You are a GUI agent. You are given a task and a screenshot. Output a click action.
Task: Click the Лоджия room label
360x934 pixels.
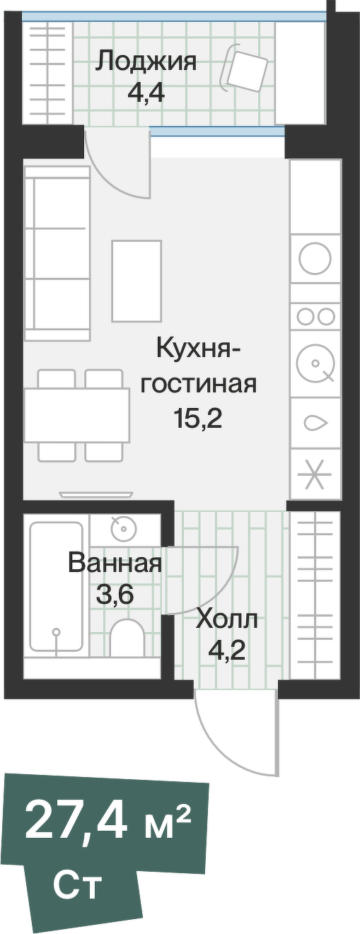(146, 62)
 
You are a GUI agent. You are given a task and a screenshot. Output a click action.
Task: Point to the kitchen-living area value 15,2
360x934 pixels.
(198, 419)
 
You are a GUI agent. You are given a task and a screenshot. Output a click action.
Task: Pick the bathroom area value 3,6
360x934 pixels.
(115, 595)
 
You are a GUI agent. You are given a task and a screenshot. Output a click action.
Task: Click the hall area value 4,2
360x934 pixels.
(227, 649)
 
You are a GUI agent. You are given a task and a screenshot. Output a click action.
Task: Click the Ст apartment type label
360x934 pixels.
(78, 884)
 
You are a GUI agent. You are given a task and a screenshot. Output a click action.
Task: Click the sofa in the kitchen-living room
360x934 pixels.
(57, 252)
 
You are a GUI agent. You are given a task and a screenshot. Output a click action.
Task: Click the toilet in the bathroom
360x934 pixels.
(127, 636)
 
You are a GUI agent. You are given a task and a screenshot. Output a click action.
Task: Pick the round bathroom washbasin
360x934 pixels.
(123, 527)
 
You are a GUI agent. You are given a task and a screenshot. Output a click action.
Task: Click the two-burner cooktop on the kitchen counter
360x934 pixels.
(315, 316)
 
